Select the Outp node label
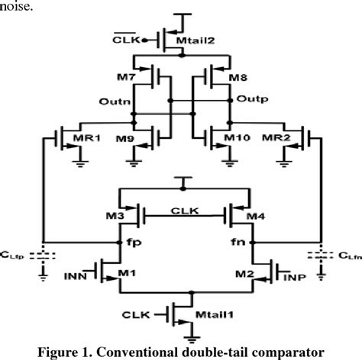(x=250, y=99)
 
